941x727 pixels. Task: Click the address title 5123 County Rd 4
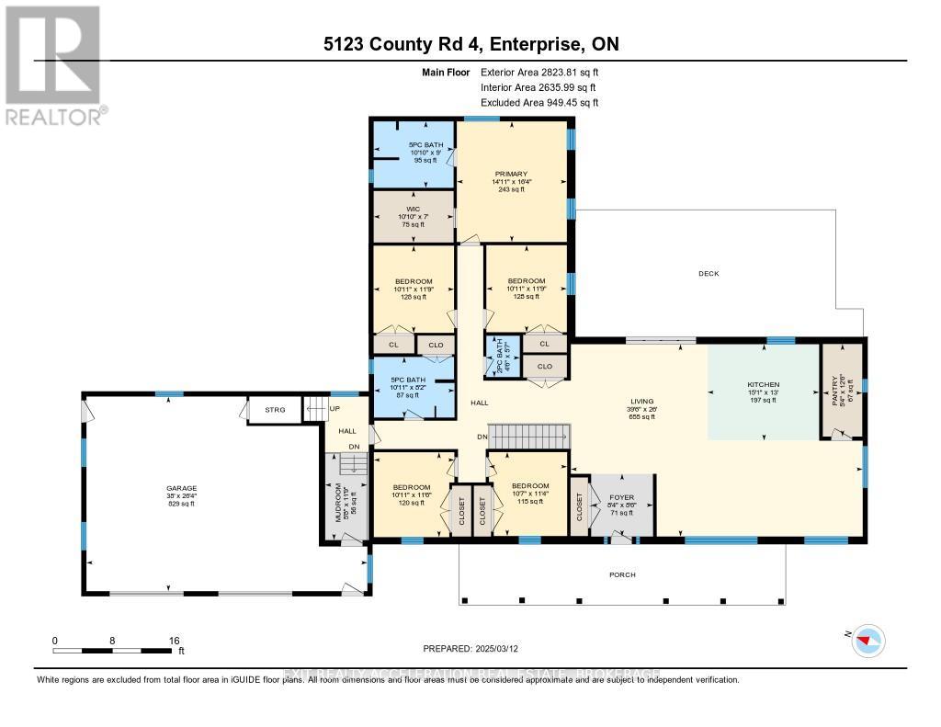(470, 45)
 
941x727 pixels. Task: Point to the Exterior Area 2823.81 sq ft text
(539, 72)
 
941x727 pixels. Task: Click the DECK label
(708, 273)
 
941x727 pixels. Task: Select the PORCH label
(622, 575)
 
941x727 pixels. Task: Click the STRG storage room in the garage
(274, 410)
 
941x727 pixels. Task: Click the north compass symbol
(868, 640)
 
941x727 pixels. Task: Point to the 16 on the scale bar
(173, 641)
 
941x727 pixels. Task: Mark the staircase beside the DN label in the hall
(527, 437)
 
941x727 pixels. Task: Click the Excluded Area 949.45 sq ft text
(539, 103)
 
